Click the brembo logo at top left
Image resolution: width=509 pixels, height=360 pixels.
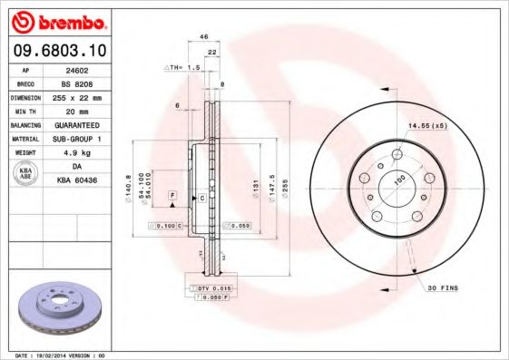tap(57, 20)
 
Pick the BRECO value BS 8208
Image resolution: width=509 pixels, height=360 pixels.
tap(77, 82)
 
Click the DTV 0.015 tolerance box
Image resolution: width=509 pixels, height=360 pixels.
tap(212, 287)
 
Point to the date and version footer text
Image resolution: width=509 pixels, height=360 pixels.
tap(62, 355)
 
